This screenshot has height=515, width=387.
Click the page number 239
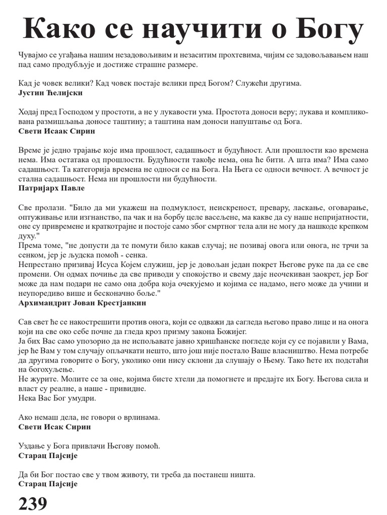point(33,503)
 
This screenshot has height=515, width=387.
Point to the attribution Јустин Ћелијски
point(50,93)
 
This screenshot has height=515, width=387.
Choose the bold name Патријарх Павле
point(51,188)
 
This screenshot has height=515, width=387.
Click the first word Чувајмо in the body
point(32,54)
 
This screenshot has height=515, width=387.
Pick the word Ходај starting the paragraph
point(28,112)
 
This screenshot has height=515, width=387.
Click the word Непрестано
point(39,264)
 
